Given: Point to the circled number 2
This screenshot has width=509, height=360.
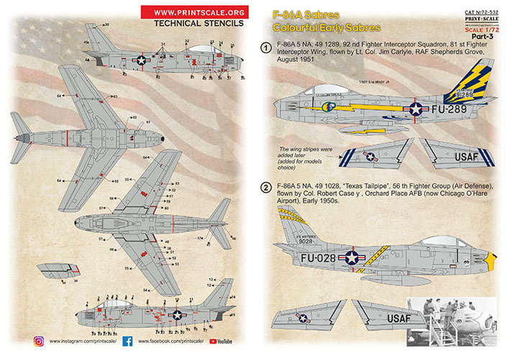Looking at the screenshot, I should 265,188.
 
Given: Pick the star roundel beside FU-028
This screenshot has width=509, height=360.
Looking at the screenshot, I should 352,256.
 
